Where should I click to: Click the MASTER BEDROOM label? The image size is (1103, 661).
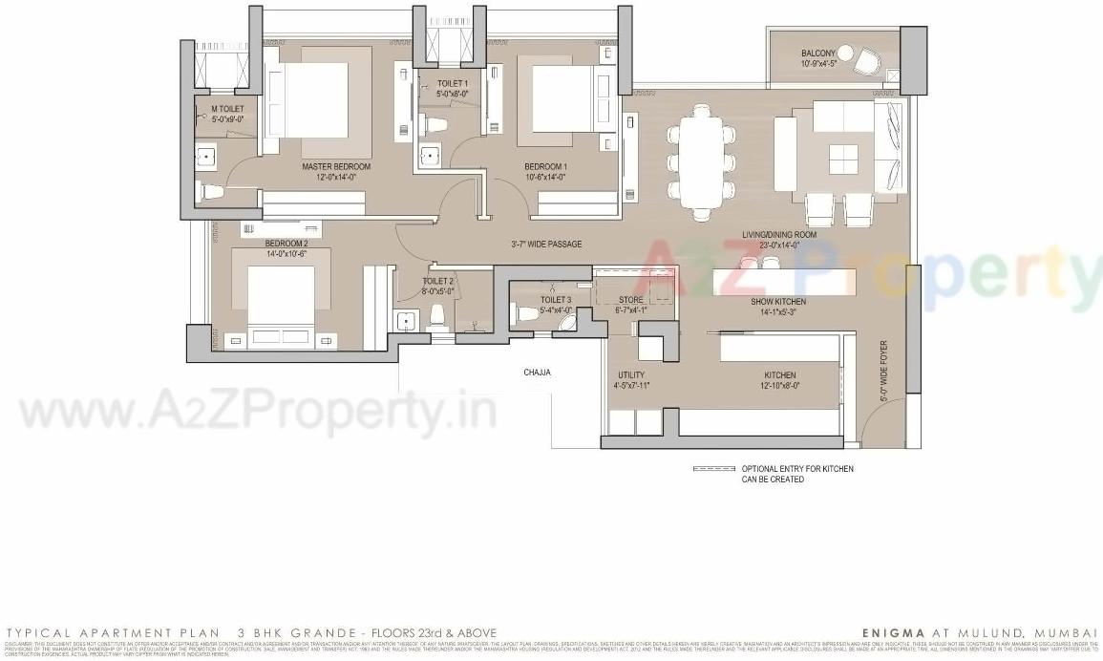(336, 166)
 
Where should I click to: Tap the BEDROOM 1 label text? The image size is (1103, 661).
(545, 166)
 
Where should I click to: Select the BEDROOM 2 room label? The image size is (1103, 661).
(286, 244)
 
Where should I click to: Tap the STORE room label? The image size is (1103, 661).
(630, 299)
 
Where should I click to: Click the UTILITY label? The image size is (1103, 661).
(632, 375)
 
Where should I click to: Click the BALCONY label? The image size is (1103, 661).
(818, 53)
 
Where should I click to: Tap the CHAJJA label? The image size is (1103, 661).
(537, 373)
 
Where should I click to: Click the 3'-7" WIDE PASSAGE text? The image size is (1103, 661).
(546, 245)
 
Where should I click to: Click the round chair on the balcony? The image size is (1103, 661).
(866, 62)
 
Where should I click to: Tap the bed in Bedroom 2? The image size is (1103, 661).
(282, 298)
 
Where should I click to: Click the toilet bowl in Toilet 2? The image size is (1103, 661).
(439, 315)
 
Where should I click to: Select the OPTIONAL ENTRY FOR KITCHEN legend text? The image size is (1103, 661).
(797, 469)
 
